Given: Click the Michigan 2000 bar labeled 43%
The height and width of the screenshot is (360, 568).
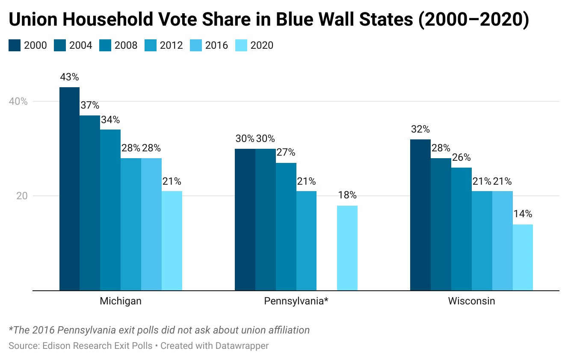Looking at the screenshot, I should point(69,189).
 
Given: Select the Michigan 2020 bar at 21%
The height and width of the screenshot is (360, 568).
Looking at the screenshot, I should point(172,241).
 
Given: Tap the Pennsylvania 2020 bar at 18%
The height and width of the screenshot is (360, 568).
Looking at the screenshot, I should point(347,248).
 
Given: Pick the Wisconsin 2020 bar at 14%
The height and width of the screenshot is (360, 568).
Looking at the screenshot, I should point(523,257).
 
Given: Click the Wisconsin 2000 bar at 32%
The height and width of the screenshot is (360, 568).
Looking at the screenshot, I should point(420,215).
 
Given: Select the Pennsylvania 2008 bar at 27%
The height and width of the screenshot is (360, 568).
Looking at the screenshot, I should point(286,227).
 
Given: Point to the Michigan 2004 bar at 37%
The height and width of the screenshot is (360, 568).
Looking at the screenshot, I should point(90,203).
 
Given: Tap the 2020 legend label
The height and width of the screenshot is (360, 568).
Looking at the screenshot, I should point(261,45).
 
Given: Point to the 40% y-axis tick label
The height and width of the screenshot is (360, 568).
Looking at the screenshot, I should point(18,102).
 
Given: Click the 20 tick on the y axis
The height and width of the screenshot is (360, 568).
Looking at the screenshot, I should point(22,196).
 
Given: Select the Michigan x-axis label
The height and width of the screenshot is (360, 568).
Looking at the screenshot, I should point(121,301).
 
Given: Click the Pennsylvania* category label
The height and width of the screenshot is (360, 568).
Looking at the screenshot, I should point(296,301).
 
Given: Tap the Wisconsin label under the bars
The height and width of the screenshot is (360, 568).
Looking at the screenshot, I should point(471,301).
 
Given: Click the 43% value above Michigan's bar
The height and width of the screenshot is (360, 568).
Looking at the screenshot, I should point(69,77).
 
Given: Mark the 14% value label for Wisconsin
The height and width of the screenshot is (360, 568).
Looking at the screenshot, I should point(523,214).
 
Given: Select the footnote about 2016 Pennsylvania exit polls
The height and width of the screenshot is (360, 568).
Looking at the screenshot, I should point(159,330).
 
